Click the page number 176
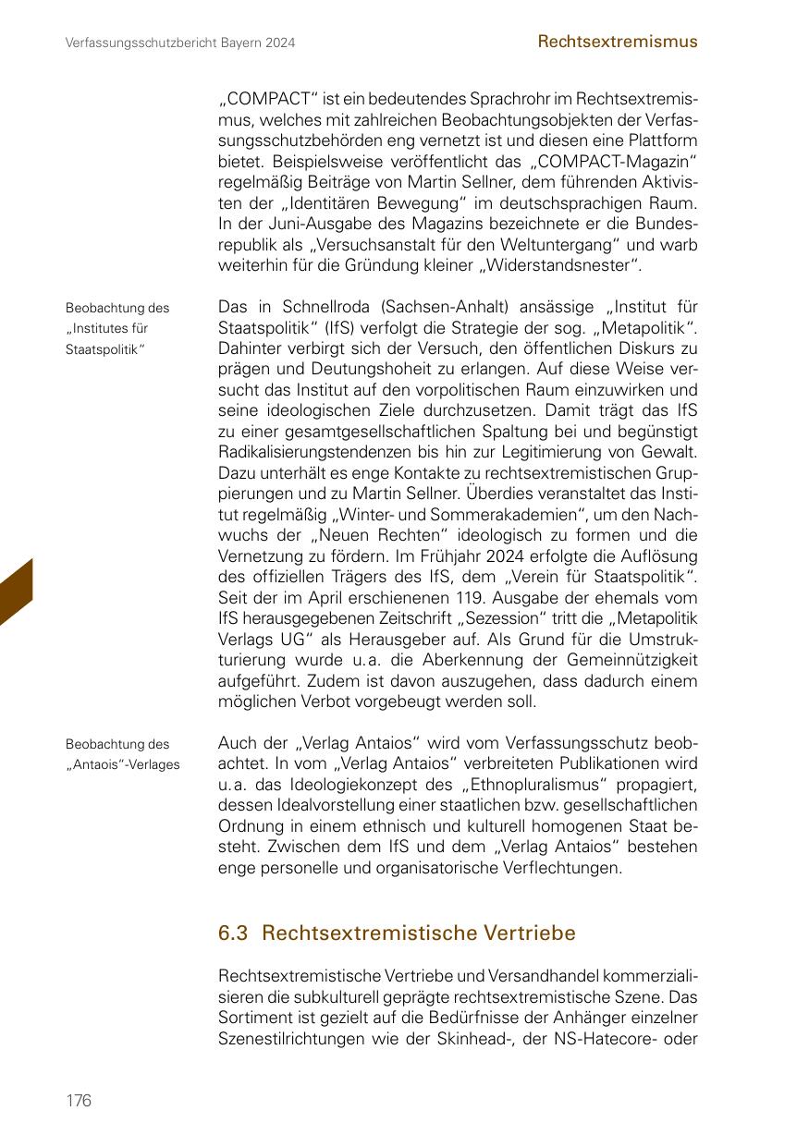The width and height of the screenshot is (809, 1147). point(79,1100)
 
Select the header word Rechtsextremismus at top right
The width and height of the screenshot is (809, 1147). point(618,42)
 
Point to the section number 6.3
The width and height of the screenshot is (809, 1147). point(233,933)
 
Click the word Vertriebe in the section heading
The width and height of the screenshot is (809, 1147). point(530,933)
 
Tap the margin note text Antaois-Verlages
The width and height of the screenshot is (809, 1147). point(123,763)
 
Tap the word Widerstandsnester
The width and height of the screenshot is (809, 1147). point(564,267)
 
